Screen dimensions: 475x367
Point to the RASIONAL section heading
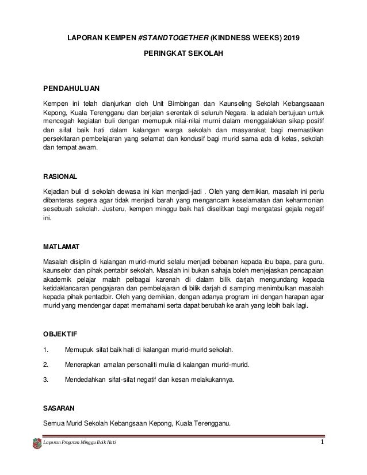tap(60, 176)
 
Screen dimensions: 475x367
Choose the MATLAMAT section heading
tap(62, 247)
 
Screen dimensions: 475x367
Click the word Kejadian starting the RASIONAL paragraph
tap(58, 191)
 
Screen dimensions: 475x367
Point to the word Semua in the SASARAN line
tap(56, 424)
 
